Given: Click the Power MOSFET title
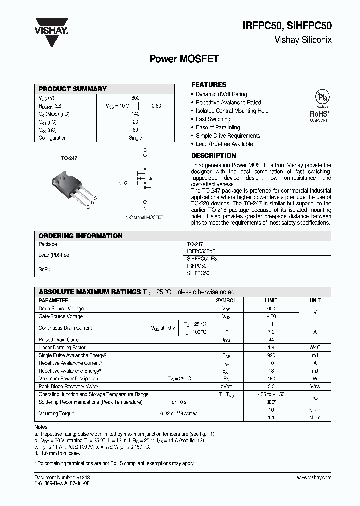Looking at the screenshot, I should tap(184, 59).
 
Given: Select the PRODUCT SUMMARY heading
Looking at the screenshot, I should tap(73, 89).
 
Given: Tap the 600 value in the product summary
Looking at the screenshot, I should tap(135, 98).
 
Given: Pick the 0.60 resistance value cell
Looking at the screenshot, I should tap(156, 106).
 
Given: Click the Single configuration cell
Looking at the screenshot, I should tap(135, 138).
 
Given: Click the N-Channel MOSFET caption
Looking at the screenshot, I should tap(144, 217).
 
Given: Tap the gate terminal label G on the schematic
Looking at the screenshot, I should tap(120, 183).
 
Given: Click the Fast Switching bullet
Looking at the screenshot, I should tap(213, 119).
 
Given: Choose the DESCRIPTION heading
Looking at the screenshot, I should tap(214, 156).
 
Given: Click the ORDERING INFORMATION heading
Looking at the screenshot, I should tap(81, 236).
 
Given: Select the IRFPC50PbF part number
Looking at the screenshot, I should tap(201, 251).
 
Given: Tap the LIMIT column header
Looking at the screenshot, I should tap(271, 301).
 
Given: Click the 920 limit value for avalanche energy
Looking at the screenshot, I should tap(271, 355).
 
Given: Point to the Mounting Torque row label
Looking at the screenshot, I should tap(57, 413).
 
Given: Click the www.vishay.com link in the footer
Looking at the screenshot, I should tap(314, 478).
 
